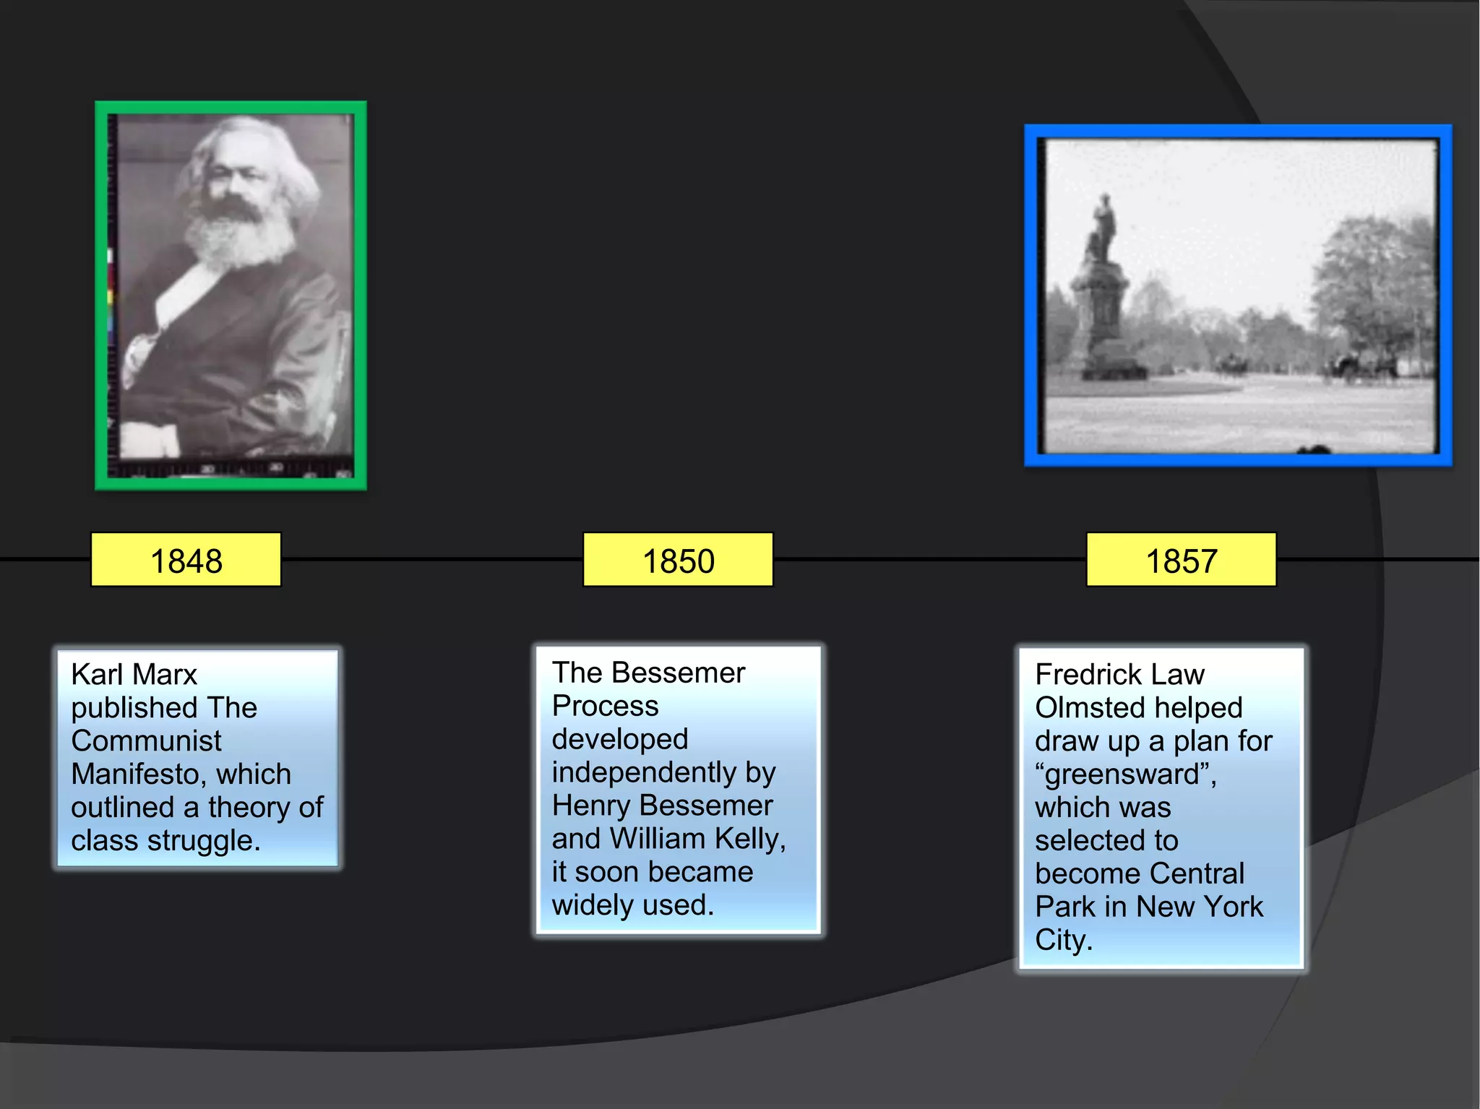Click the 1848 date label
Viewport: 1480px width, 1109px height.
186,561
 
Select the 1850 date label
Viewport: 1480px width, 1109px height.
678,561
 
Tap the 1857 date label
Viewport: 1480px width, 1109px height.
1181,561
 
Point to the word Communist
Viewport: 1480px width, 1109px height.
146,741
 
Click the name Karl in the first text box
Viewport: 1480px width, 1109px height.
97,674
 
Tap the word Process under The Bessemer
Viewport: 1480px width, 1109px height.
605,706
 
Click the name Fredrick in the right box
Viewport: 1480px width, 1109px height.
1088,675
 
